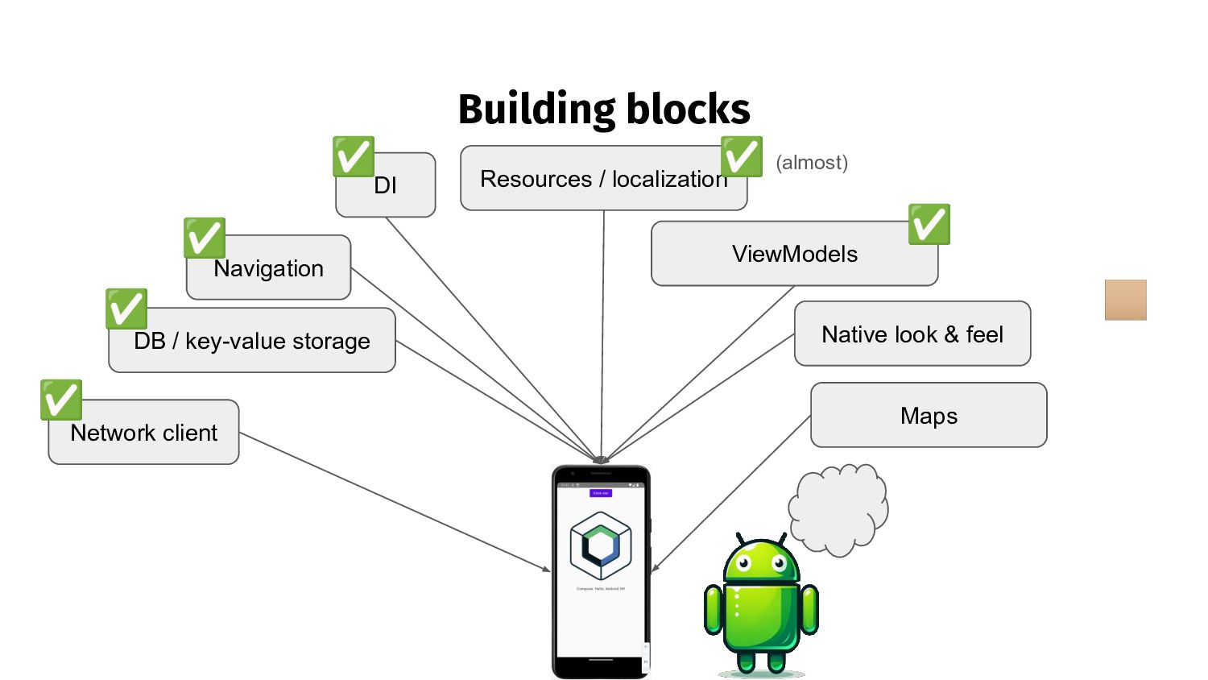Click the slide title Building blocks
click(x=604, y=110)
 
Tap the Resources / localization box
click(x=603, y=179)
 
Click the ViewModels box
click(x=794, y=255)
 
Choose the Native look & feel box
click(x=912, y=334)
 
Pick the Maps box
click(x=929, y=416)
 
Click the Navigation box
click(x=268, y=269)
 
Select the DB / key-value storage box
click(x=251, y=342)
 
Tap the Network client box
click(x=143, y=433)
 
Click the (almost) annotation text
click(x=812, y=163)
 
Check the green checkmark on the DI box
click(x=354, y=156)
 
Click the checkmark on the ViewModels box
click(x=929, y=224)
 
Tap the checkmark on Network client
click(x=61, y=400)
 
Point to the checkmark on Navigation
click(x=204, y=238)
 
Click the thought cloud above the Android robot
click(x=839, y=509)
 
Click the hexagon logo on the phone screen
click(x=601, y=545)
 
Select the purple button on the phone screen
click(x=601, y=493)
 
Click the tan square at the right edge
click(x=1125, y=300)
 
